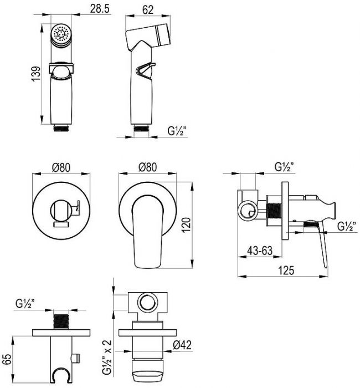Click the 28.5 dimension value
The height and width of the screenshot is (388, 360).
tap(99, 9)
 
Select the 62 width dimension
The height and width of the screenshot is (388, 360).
tap(148, 10)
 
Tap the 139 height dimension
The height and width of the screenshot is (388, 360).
tap(36, 74)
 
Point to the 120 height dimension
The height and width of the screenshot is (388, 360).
tap(187, 224)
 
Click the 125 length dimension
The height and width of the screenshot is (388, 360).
tap(286, 270)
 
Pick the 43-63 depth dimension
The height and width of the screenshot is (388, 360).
tap(260, 251)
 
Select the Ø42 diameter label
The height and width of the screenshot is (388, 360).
tap(182, 345)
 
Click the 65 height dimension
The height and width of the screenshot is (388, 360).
tap(7, 359)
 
